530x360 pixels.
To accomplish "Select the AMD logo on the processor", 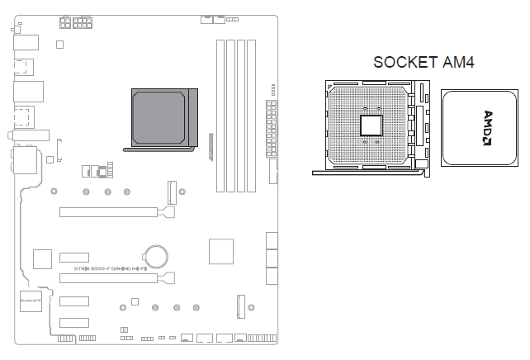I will tap(487, 127).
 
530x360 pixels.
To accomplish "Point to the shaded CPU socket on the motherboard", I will tap(163, 118).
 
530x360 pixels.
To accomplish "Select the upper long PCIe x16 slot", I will tap(112, 212).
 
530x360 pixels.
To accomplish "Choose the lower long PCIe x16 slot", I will tap(112, 278).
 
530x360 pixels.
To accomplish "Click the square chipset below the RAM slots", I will tap(222, 251).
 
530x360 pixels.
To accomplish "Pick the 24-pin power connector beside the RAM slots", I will tap(271, 129).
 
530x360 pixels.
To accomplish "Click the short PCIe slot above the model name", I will tap(73, 255).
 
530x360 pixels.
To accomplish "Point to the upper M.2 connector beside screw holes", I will tap(173, 192).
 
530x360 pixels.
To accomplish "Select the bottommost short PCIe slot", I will tap(73, 322).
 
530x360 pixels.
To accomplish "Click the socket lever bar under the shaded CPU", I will tap(159, 149).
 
